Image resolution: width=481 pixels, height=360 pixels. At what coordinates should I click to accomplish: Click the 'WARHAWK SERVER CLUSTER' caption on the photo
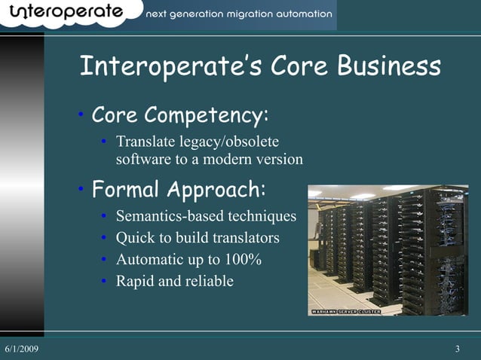[x=346, y=311]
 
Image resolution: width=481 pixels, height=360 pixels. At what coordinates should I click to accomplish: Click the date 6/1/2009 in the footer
[x=22, y=349]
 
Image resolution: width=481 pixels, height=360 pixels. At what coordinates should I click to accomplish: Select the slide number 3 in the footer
[x=458, y=349]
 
